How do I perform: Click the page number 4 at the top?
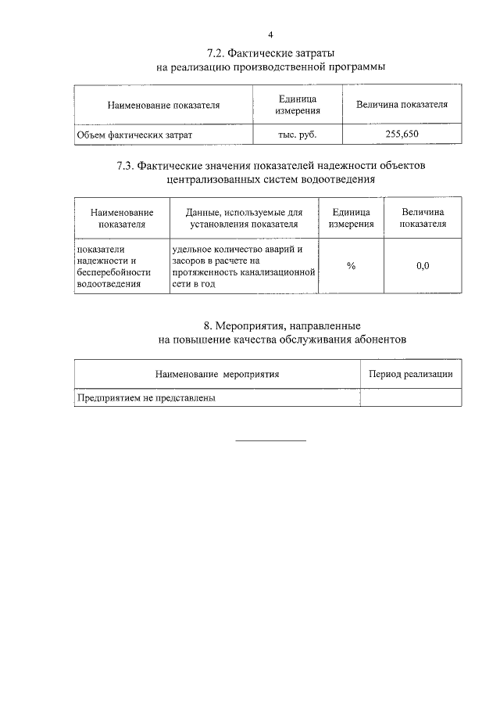point(271,34)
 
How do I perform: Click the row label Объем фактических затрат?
point(134,135)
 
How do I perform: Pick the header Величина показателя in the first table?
point(402,105)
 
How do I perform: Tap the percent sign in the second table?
point(352,266)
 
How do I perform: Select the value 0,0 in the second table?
point(423,266)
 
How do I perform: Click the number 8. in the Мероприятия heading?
point(208,325)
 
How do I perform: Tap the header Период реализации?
point(410,374)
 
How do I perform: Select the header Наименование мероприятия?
point(216,374)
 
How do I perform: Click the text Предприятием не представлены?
point(145,397)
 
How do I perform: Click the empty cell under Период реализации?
point(410,397)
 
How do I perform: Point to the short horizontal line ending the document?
point(271,440)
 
